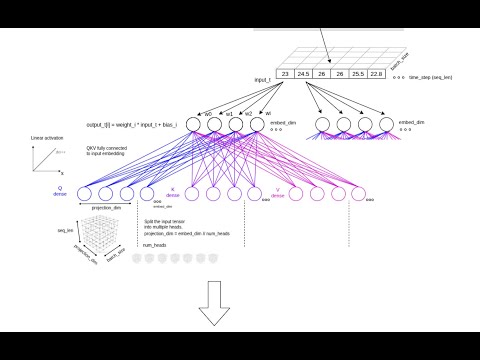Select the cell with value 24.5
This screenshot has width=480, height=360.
[303, 74]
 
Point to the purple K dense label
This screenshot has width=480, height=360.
[171, 190]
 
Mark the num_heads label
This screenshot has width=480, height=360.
[153, 243]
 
